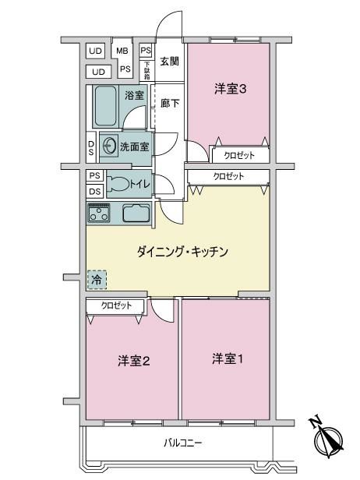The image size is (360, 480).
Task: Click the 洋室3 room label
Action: pyautogui.click(x=230, y=89)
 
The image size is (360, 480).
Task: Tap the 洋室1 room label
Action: pyautogui.click(x=228, y=358)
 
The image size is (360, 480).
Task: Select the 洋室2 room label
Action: pyautogui.click(x=134, y=362)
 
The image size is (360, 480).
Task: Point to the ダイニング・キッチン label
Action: pyautogui.click(x=182, y=252)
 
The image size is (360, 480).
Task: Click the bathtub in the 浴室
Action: pyautogui.click(x=105, y=106)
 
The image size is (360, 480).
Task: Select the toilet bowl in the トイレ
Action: pyautogui.click(x=118, y=183)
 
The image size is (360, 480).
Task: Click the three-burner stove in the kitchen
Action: pyautogui.click(x=99, y=212)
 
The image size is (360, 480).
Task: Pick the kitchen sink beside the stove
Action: pyautogui.click(x=136, y=213)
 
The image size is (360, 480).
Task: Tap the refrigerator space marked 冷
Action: pyautogui.click(x=97, y=280)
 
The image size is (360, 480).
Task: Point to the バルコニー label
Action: pyautogui.click(x=183, y=443)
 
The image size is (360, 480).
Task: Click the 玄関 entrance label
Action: pyautogui.click(x=169, y=62)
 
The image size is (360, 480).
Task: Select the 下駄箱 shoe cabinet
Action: pyautogui.click(x=147, y=71)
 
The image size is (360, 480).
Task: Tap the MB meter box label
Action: pyautogui.click(x=122, y=51)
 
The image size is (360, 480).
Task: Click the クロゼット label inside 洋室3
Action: pyautogui.click(x=239, y=155)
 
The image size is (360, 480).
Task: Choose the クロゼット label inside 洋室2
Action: pyautogui.click(x=116, y=305)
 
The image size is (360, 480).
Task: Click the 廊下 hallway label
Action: pyautogui.click(x=170, y=103)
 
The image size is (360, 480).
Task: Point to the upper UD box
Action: pyautogui.click(x=96, y=51)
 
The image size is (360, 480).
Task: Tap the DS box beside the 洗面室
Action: pyautogui.click(x=91, y=147)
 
